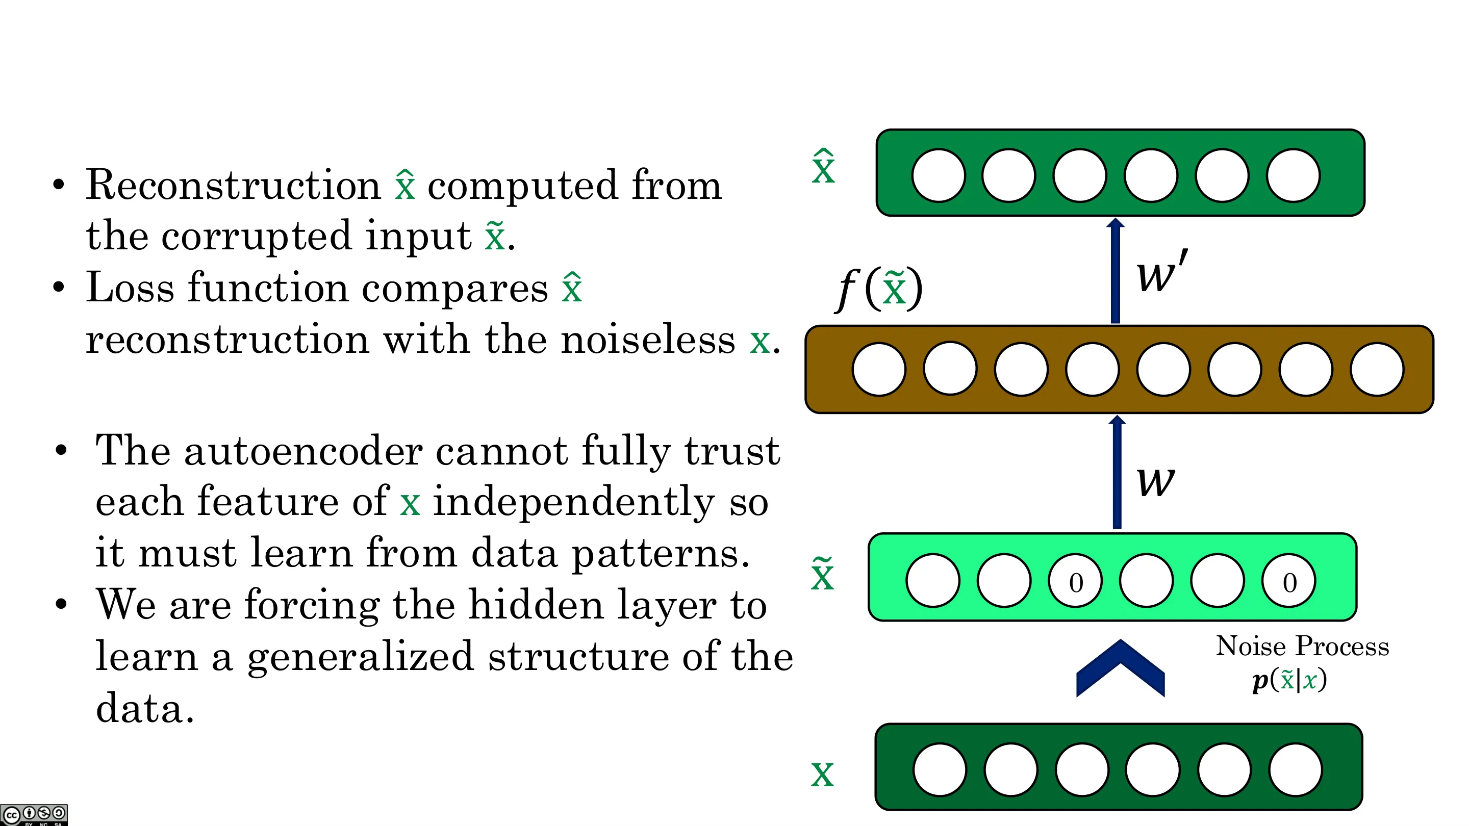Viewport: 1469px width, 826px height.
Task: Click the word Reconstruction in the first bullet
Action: click(x=233, y=185)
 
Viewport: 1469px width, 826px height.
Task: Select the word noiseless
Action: click(x=648, y=340)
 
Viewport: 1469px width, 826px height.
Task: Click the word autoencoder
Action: click(x=303, y=450)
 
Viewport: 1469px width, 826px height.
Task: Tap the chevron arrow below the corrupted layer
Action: click(x=1120, y=668)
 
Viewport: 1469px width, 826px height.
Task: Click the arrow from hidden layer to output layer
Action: click(x=1116, y=271)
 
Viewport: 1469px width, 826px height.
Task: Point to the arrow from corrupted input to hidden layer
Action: click(x=1117, y=472)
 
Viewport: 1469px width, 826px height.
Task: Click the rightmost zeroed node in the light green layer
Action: click(x=1289, y=581)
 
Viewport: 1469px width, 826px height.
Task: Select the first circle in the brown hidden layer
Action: click(x=879, y=369)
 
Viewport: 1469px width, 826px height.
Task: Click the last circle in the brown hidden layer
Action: click(x=1377, y=369)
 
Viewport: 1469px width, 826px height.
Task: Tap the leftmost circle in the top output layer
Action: click(x=938, y=175)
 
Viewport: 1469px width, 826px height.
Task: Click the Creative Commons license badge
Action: click(x=34, y=815)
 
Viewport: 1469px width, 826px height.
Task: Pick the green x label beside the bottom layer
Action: click(x=822, y=774)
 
